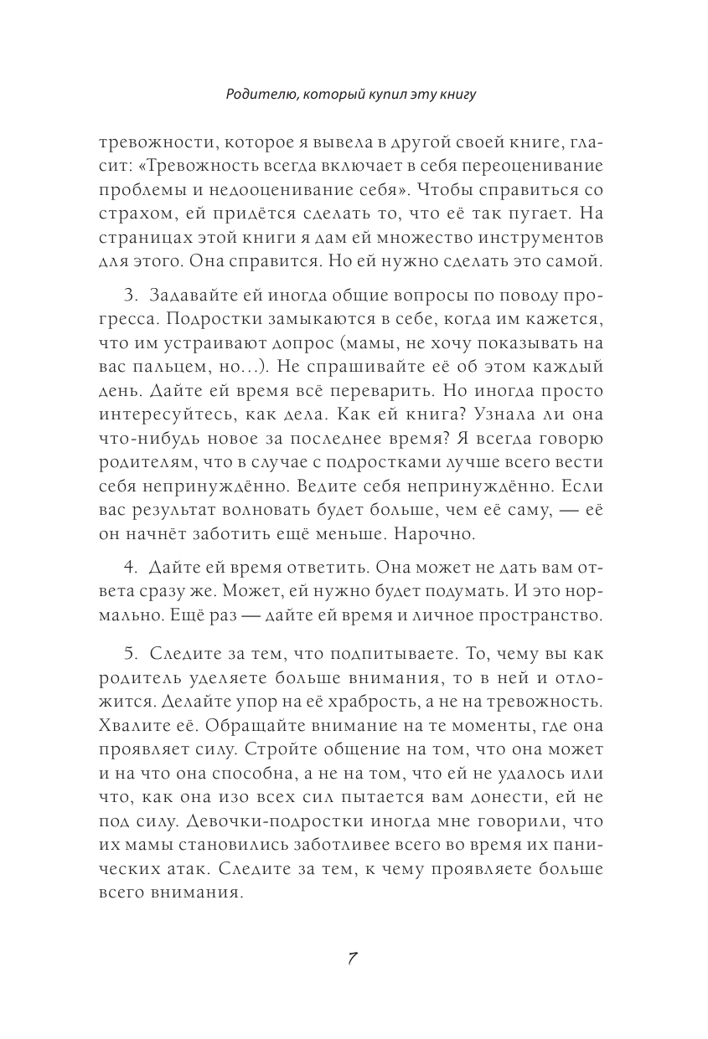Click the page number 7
point(353,959)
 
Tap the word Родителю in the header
point(257,95)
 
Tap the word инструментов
point(540,239)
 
